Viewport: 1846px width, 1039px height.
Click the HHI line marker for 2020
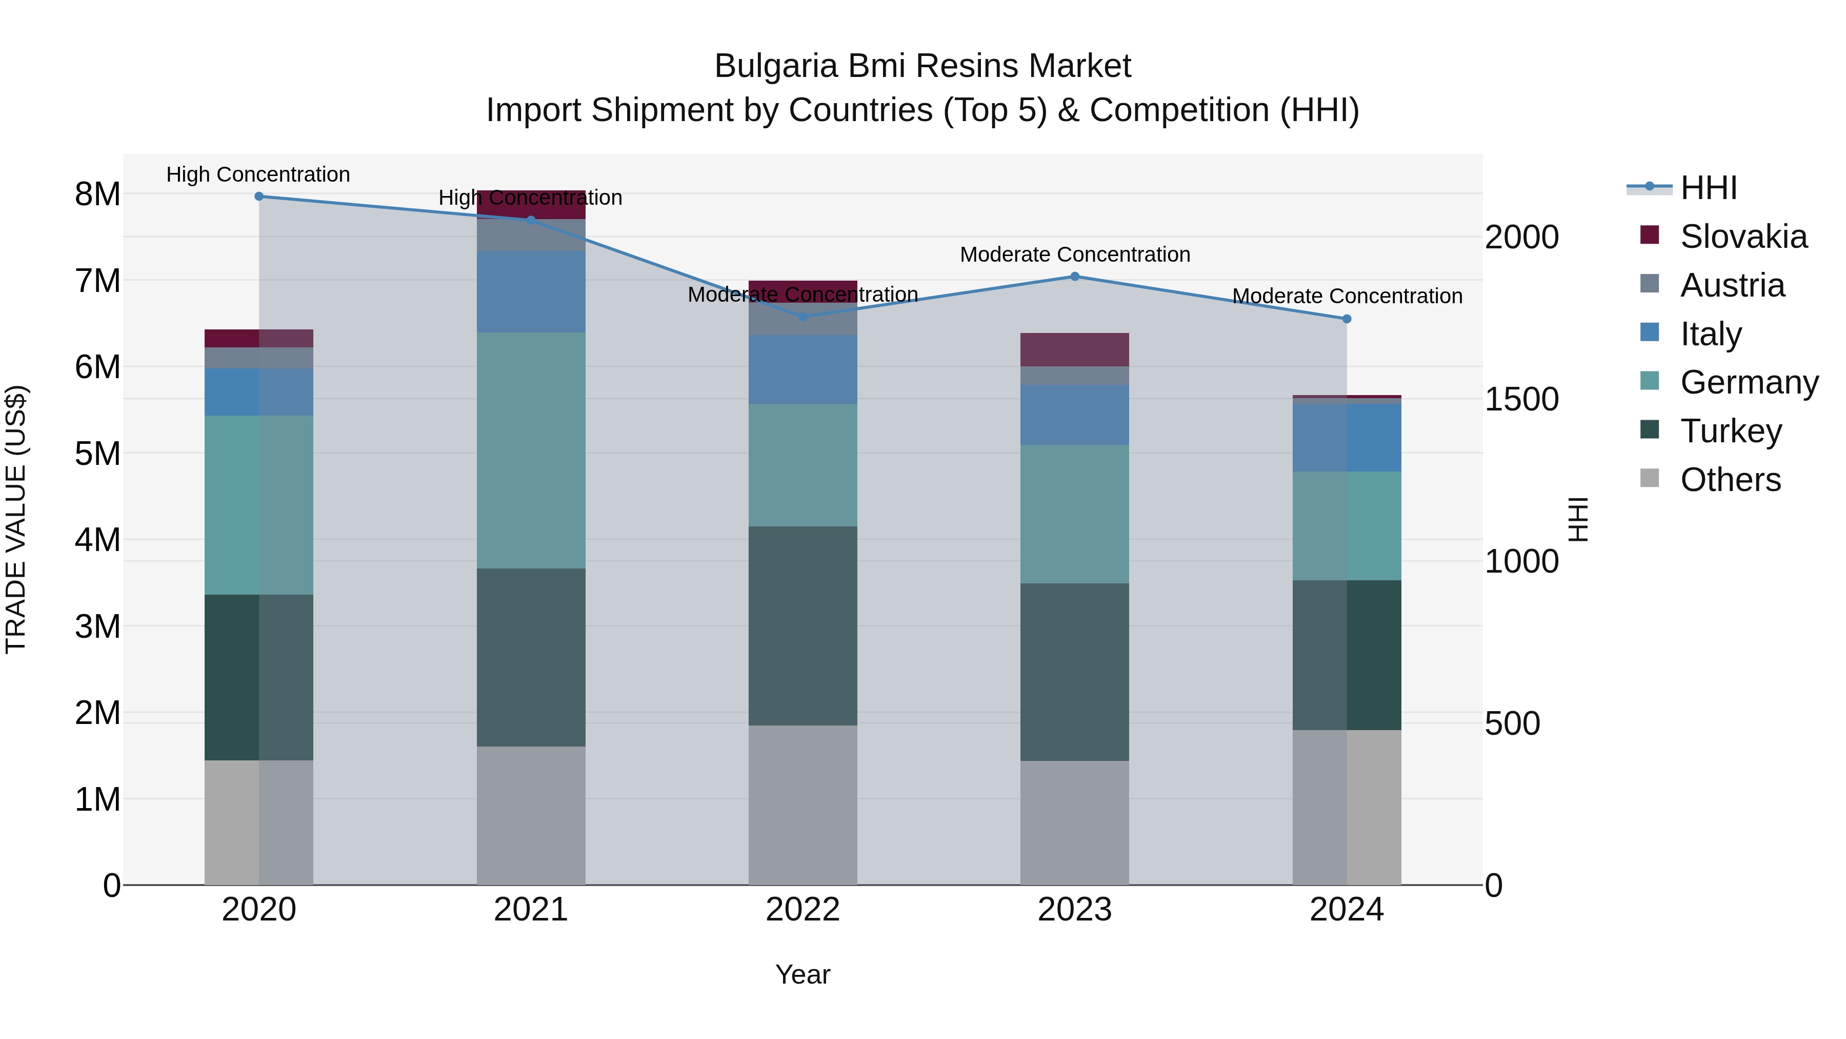259,197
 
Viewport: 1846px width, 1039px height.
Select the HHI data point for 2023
1075,277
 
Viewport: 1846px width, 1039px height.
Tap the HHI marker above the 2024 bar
1347,319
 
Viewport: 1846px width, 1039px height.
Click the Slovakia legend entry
1743,237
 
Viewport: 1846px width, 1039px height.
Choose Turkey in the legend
1731,431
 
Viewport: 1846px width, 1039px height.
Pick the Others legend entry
1730,480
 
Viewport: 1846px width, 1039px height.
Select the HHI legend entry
1709,188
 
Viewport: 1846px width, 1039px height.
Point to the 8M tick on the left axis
97,194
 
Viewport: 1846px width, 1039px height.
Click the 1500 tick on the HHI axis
1521,399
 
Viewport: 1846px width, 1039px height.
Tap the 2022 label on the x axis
802,910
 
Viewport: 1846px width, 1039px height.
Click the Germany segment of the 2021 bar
531,450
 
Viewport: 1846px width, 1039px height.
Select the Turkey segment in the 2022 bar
802,626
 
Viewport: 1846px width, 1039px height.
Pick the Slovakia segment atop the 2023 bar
1075,350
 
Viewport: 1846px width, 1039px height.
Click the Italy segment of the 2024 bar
1347,437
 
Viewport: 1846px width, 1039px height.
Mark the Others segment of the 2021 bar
531,815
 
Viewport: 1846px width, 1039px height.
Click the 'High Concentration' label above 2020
258,175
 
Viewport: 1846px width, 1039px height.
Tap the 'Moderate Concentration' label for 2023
1075,254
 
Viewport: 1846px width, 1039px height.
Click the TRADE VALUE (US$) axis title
16,519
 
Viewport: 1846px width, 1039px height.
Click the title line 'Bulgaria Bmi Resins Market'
922,67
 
